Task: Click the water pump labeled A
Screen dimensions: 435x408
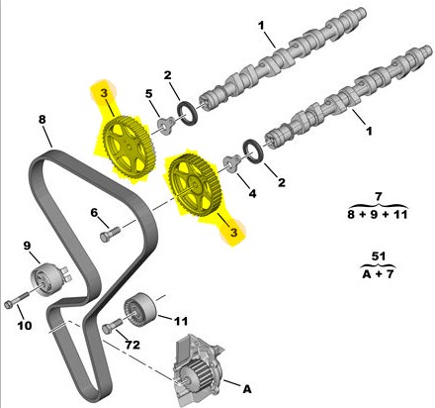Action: point(197,370)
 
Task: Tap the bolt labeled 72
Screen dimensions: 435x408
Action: point(112,326)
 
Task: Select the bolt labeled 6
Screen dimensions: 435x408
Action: point(110,234)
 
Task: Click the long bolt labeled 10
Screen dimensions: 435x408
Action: point(17,300)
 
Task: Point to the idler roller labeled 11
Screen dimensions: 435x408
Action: point(140,309)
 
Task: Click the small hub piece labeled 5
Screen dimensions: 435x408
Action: point(165,126)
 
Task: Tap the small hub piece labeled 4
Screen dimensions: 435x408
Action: point(232,163)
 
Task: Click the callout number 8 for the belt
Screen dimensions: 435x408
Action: point(43,119)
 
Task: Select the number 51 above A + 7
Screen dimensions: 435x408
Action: point(379,256)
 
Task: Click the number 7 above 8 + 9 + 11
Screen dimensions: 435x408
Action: point(379,197)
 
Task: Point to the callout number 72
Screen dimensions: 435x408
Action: point(132,345)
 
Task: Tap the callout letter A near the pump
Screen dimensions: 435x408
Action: point(247,389)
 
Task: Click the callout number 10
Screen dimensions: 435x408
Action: point(25,326)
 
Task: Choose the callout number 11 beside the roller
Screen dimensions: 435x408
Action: point(181,321)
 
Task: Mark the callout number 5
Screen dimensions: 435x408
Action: point(149,94)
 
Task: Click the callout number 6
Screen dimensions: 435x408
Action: point(94,213)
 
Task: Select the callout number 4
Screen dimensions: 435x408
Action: point(252,193)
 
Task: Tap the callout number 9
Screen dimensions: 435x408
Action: point(27,246)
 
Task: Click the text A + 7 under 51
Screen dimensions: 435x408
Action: point(378,273)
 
